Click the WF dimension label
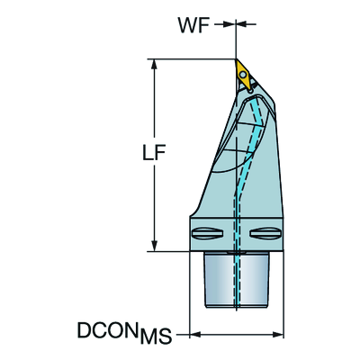click(x=193, y=24)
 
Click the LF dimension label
click(x=154, y=153)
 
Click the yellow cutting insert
click(x=244, y=74)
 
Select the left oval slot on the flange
click(x=207, y=233)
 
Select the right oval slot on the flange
click(x=265, y=233)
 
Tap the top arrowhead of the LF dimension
click(x=155, y=64)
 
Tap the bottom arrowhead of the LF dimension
click(x=155, y=246)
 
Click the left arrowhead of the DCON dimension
click(x=195, y=334)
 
